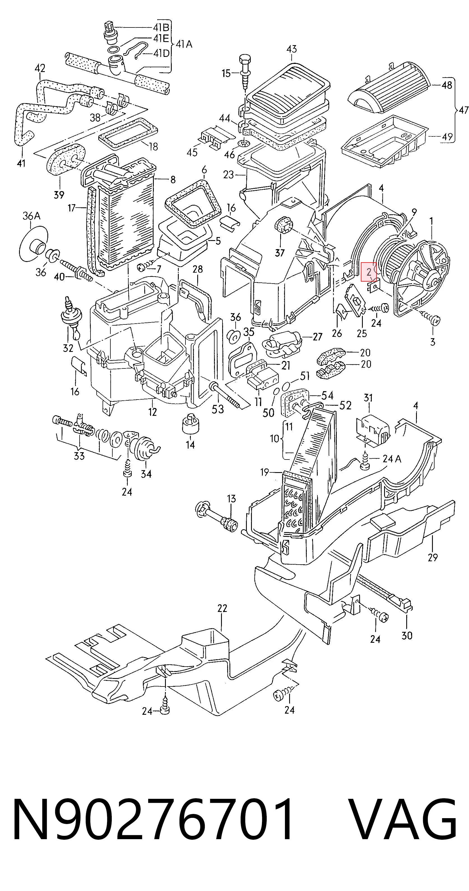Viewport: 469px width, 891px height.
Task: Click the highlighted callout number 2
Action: [369, 272]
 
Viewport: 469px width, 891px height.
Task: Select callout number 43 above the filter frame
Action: [292, 49]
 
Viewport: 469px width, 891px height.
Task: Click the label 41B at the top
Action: [161, 27]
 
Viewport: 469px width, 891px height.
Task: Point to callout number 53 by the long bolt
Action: [218, 409]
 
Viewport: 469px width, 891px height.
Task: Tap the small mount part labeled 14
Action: [190, 423]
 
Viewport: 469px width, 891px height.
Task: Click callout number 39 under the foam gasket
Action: [59, 195]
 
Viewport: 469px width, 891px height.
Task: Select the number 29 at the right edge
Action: [433, 557]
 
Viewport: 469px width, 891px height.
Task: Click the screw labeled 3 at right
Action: [431, 317]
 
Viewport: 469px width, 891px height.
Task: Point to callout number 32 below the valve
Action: [68, 348]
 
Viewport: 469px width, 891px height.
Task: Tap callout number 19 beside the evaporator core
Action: [264, 472]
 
